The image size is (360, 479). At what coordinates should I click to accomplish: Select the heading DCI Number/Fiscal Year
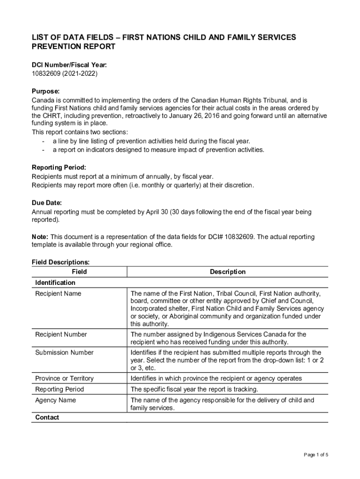(66, 65)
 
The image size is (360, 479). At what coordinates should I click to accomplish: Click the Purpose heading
(46, 91)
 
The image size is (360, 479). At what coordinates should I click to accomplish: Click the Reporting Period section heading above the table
(59, 167)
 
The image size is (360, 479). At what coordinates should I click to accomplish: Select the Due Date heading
(47, 203)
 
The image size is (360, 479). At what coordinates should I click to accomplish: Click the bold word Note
(39, 237)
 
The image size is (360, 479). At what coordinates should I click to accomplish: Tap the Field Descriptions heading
(61, 263)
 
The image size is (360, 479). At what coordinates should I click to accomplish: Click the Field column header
(79, 272)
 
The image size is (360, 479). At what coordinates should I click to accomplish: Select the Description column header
(228, 272)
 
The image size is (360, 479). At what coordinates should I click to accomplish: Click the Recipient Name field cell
(58, 294)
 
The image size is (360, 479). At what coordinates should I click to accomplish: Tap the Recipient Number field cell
(61, 334)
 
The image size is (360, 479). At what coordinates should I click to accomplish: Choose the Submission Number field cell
(65, 353)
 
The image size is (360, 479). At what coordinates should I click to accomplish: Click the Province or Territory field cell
(65, 378)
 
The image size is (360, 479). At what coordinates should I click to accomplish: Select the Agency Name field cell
(55, 400)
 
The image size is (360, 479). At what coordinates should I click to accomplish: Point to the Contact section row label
(47, 417)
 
